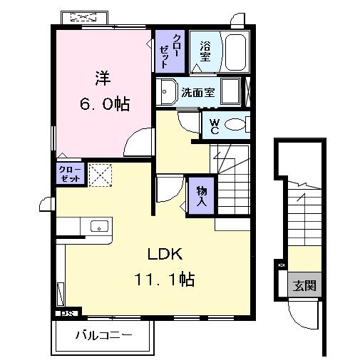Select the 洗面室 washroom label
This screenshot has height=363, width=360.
pos(197,92)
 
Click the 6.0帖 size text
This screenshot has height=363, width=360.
pos(103,104)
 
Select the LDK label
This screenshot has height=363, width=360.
pos(167,253)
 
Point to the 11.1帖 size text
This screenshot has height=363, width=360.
pos(167,280)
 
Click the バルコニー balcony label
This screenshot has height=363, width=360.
pos(103,335)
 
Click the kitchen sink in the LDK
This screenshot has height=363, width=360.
pos(99,227)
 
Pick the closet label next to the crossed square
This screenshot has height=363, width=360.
pos(70,174)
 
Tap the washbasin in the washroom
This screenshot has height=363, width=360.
pos(168,92)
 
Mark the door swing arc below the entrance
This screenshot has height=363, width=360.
pos(302,312)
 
